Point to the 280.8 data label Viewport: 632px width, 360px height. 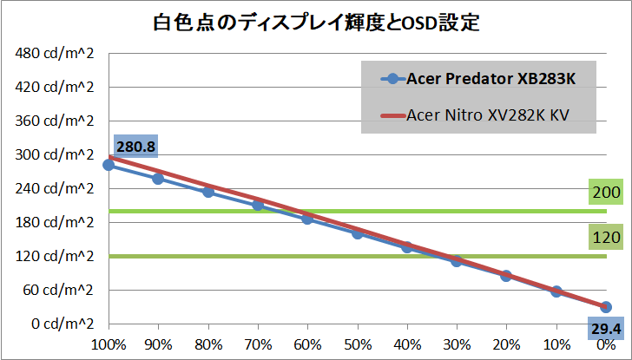click(135, 147)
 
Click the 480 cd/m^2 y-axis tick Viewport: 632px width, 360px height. click(54, 54)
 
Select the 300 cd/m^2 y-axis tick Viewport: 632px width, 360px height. click(54, 155)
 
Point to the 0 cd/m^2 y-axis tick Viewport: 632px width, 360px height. click(61, 324)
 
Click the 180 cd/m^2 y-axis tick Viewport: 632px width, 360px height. click(54, 223)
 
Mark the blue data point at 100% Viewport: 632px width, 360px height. click(109, 165)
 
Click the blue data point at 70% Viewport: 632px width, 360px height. click(258, 205)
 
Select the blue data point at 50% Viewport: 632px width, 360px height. click(357, 232)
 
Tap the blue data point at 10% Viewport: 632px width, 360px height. click(556, 291)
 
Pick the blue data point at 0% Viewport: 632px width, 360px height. click(606, 307)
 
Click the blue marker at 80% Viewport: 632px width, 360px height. click(208, 192)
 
